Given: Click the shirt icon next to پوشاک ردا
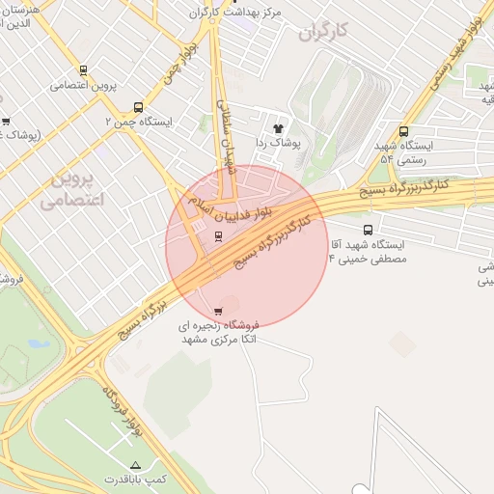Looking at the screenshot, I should (279, 126).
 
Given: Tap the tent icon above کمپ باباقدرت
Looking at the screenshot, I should (135, 464).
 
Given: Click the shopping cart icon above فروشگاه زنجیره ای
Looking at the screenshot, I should (219, 311).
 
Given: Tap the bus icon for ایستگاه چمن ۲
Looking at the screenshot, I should (139, 108).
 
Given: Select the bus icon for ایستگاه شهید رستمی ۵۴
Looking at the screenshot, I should (403, 131).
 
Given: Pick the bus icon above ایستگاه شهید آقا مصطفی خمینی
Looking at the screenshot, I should (368, 230).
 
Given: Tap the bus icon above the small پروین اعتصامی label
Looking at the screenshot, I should (84, 70).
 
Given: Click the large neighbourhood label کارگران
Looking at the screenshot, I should (322, 32).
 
